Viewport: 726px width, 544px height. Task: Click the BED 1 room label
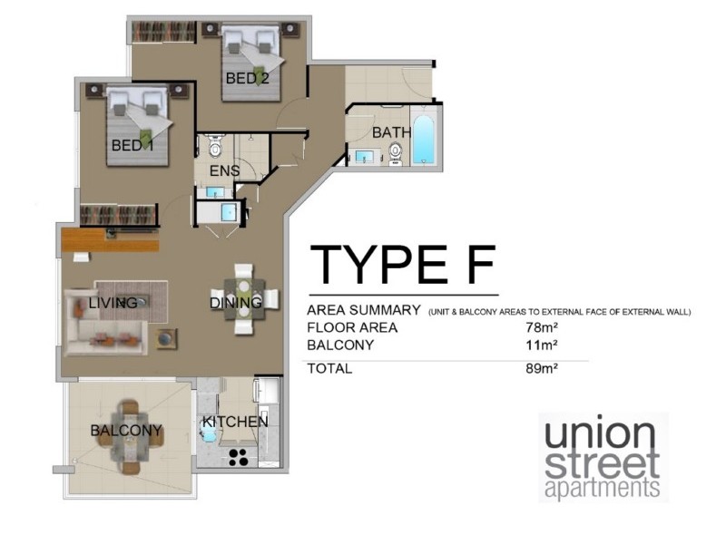point(132,145)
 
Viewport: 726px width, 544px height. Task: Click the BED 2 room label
point(247,78)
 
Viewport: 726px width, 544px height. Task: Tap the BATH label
point(392,132)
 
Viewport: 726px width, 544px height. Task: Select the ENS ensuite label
point(224,170)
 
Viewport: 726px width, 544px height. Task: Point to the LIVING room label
point(113,302)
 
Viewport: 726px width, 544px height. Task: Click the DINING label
point(236,302)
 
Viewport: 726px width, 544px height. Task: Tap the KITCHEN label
point(234,422)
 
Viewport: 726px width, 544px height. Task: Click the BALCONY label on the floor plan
point(126,431)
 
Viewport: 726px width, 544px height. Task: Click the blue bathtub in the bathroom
point(424,139)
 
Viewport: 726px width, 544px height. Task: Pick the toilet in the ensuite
point(215,147)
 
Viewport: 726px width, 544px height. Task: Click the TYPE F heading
point(402,264)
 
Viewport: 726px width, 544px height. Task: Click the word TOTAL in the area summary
point(329,368)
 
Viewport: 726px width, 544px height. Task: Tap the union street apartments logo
point(603,458)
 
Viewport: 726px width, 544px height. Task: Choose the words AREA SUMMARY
point(363,309)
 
